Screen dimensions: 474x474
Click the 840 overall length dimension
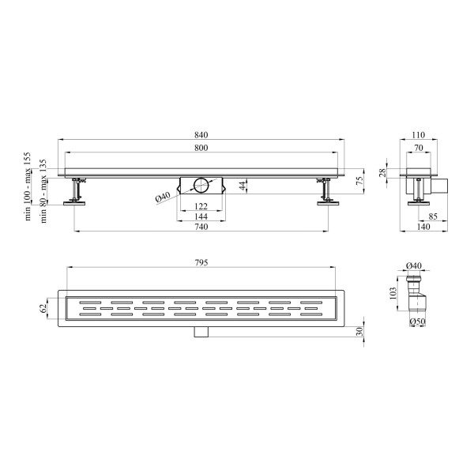point(201,135)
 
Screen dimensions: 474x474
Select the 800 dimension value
point(201,148)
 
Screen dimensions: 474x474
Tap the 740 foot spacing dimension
point(201,227)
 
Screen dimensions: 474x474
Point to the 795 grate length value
point(201,263)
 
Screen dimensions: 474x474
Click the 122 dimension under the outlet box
point(201,206)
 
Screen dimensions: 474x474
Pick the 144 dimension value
point(201,216)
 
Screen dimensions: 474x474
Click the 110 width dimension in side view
point(419,135)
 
